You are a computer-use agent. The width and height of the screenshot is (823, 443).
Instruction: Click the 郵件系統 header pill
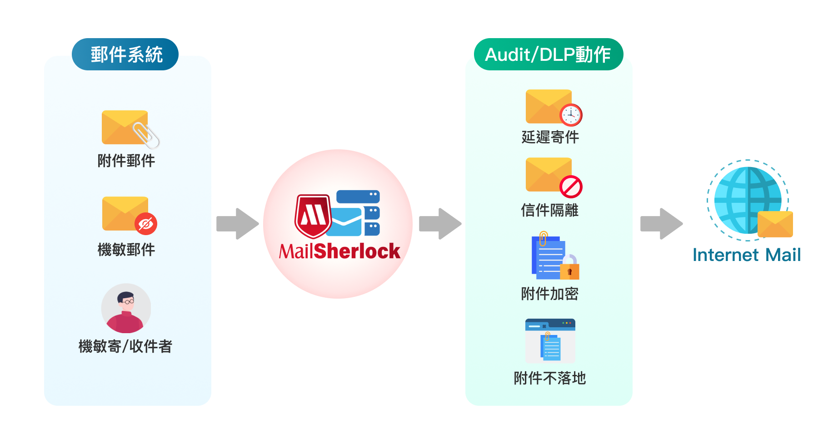click(x=125, y=54)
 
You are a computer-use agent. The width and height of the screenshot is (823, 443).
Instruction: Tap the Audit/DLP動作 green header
click(x=548, y=54)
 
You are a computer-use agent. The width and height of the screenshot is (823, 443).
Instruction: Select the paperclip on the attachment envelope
click(x=146, y=135)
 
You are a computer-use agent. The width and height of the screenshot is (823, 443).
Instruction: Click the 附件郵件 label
click(x=126, y=161)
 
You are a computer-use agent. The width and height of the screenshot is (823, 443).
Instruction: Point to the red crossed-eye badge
click(x=146, y=224)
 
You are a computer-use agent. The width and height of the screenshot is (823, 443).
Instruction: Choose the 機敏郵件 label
click(x=126, y=250)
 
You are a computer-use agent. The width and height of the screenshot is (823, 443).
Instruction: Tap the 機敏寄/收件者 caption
click(x=125, y=346)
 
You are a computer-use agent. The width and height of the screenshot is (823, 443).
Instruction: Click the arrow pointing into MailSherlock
click(x=237, y=223)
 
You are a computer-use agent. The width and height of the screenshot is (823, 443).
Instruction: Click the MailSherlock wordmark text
click(x=339, y=251)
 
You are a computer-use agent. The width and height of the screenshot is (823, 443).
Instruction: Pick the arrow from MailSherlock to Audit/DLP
click(x=440, y=223)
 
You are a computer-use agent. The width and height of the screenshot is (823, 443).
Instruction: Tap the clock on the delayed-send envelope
click(x=571, y=115)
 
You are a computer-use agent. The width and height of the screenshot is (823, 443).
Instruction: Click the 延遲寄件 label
click(x=550, y=137)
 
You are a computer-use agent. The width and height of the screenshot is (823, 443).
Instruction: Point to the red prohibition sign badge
click(x=571, y=187)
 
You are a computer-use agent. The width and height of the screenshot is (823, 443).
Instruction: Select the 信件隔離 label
click(x=550, y=210)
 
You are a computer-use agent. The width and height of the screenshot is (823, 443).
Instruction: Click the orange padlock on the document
click(x=569, y=269)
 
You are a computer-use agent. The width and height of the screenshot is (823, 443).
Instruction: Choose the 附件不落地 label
click(x=550, y=378)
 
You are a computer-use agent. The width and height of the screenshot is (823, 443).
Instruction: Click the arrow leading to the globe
click(x=661, y=223)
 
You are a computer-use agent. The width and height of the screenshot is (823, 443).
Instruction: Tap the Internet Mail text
click(x=746, y=255)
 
